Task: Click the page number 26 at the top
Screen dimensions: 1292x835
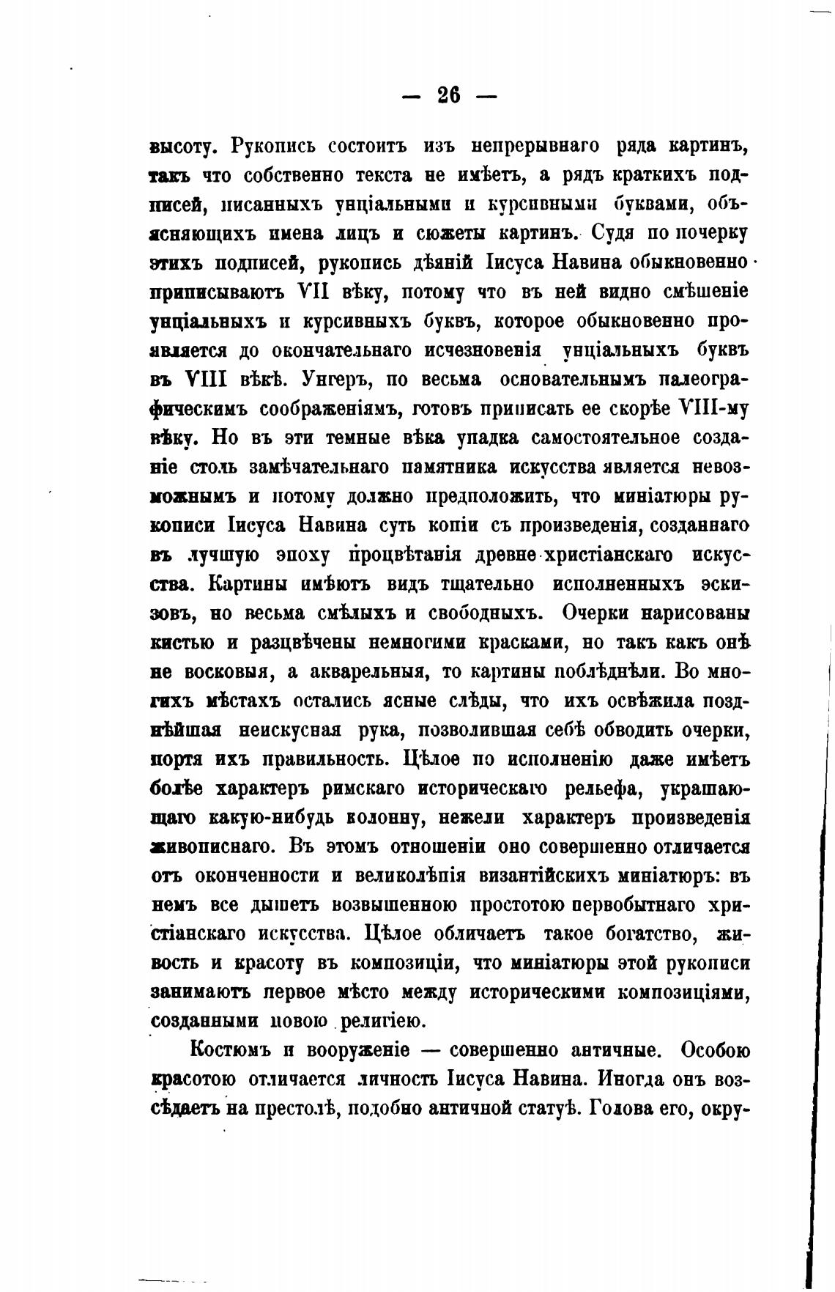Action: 448,95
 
